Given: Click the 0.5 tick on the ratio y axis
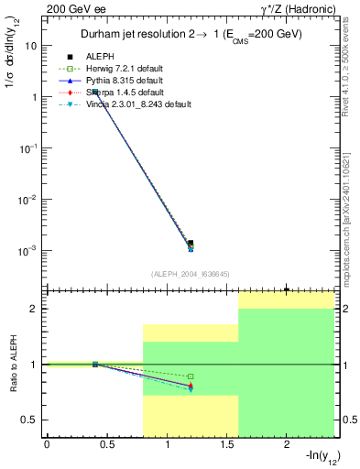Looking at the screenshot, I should (29, 420).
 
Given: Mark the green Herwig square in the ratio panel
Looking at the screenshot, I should (191, 376).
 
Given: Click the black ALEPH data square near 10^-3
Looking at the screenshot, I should (191, 243).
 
